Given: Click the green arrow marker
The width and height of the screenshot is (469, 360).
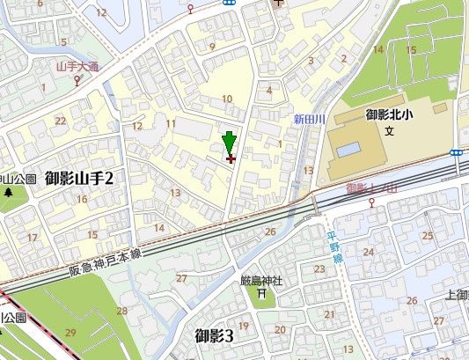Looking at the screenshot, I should click(x=230, y=142).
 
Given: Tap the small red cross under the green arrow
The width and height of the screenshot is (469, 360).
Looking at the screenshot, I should click(x=231, y=159).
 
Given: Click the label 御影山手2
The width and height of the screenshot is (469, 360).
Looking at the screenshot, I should click(x=80, y=179).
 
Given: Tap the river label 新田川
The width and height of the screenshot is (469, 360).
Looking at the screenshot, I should click(x=310, y=119).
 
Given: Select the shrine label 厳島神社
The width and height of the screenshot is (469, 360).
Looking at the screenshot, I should click(x=261, y=281).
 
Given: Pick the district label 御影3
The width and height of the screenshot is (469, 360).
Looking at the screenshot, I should click(x=214, y=335).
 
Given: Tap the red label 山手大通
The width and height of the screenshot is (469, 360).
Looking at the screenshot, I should click(x=77, y=66).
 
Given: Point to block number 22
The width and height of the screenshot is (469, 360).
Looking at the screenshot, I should click(x=61, y=121).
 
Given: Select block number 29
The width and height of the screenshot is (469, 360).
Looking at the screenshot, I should click(x=70, y=331).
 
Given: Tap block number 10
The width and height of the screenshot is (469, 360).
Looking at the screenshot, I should click(x=227, y=99).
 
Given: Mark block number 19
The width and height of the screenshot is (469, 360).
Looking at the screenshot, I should click(x=244, y=326).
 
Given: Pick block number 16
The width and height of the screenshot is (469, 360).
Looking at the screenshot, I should click(x=81, y=199).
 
